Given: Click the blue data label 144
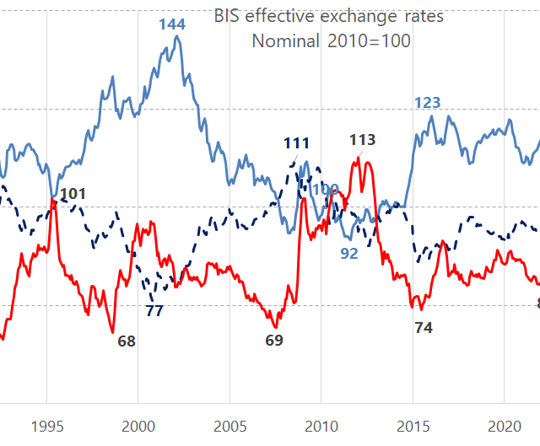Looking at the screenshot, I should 172,24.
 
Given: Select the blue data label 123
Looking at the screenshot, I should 427,103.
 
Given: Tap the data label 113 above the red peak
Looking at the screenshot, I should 362,140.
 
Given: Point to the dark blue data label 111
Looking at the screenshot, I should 296,143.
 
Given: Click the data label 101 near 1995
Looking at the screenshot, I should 73,195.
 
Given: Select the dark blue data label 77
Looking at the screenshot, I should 154,310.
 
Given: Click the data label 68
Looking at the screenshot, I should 127,341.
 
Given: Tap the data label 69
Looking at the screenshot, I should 274,341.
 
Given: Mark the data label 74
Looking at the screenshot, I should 424,328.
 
